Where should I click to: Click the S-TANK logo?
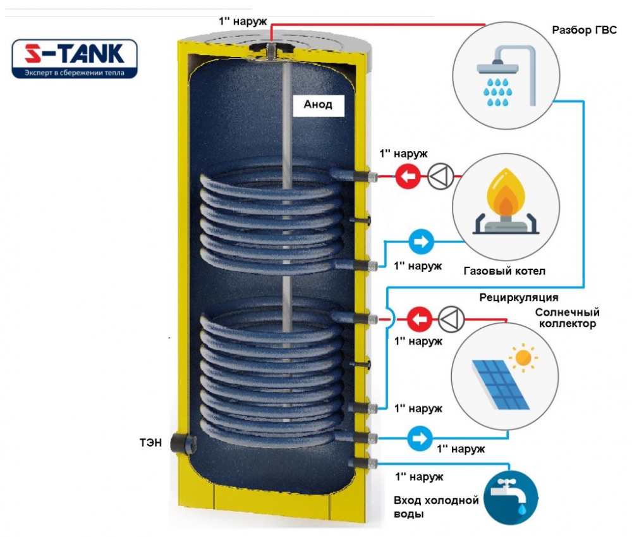click(x=74, y=59)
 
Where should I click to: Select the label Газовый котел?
click(x=504, y=271)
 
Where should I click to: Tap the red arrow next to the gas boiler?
click(x=408, y=176)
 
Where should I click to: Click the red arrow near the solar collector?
click(x=418, y=319)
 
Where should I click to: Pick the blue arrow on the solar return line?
click(x=419, y=436)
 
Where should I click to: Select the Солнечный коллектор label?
click(x=566, y=318)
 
